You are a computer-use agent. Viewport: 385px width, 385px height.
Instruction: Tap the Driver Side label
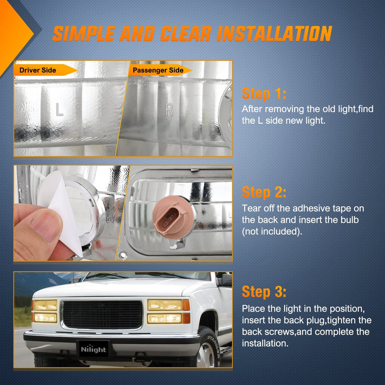38,70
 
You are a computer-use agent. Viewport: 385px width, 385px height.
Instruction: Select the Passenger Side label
158,70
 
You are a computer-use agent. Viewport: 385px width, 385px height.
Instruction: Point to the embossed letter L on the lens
59,109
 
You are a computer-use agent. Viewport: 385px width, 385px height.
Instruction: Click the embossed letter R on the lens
169,110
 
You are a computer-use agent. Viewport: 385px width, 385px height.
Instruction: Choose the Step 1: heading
264,94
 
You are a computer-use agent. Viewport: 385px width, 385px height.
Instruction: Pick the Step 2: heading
264,192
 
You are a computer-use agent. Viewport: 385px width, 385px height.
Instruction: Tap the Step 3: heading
264,291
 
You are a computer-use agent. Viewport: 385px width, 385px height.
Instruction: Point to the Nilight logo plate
94,349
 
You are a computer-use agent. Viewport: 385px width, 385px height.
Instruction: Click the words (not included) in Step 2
272,232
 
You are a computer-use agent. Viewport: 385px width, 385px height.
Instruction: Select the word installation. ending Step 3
265,343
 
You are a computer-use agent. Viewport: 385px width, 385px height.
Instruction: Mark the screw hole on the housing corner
122,255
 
